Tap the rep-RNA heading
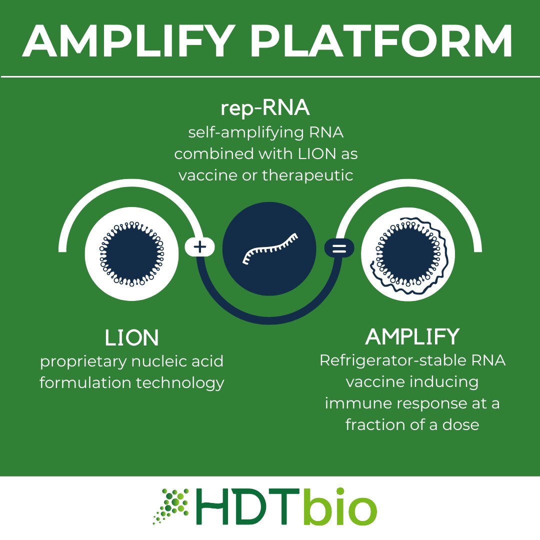pyautogui.click(x=266, y=108)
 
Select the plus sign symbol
pyautogui.click(x=200, y=247)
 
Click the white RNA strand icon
pyautogui.click(x=269, y=248)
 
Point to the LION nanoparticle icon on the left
pyautogui.click(x=132, y=254)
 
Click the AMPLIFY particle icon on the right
pyautogui.click(x=408, y=254)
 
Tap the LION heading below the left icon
pyautogui.click(x=131, y=338)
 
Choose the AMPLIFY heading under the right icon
pyautogui.click(x=412, y=337)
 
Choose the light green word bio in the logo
pyautogui.click(x=340, y=507)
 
